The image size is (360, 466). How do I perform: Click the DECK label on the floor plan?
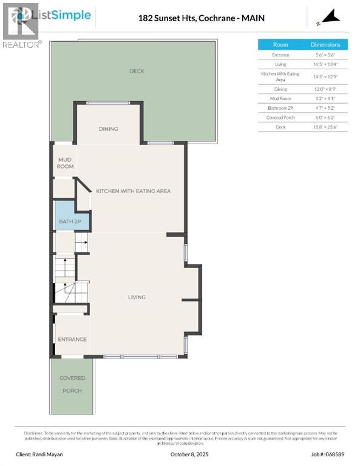pos(137,71)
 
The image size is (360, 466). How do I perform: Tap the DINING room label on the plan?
pos(108,129)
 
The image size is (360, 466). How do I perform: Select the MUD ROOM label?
pos(65,162)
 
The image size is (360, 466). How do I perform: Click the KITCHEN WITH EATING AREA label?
pos(133,191)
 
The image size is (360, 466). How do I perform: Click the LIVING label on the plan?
pos(137,297)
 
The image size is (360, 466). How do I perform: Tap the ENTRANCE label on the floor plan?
pos(72,339)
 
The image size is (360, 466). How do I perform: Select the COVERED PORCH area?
pos(72,384)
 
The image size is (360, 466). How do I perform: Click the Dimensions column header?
pos(326,45)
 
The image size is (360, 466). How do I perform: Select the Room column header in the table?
pos(280,45)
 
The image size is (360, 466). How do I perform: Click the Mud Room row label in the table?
pos(280,98)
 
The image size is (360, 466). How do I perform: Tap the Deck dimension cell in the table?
pos(326,127)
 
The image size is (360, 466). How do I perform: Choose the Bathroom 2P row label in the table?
pos(280,107)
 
